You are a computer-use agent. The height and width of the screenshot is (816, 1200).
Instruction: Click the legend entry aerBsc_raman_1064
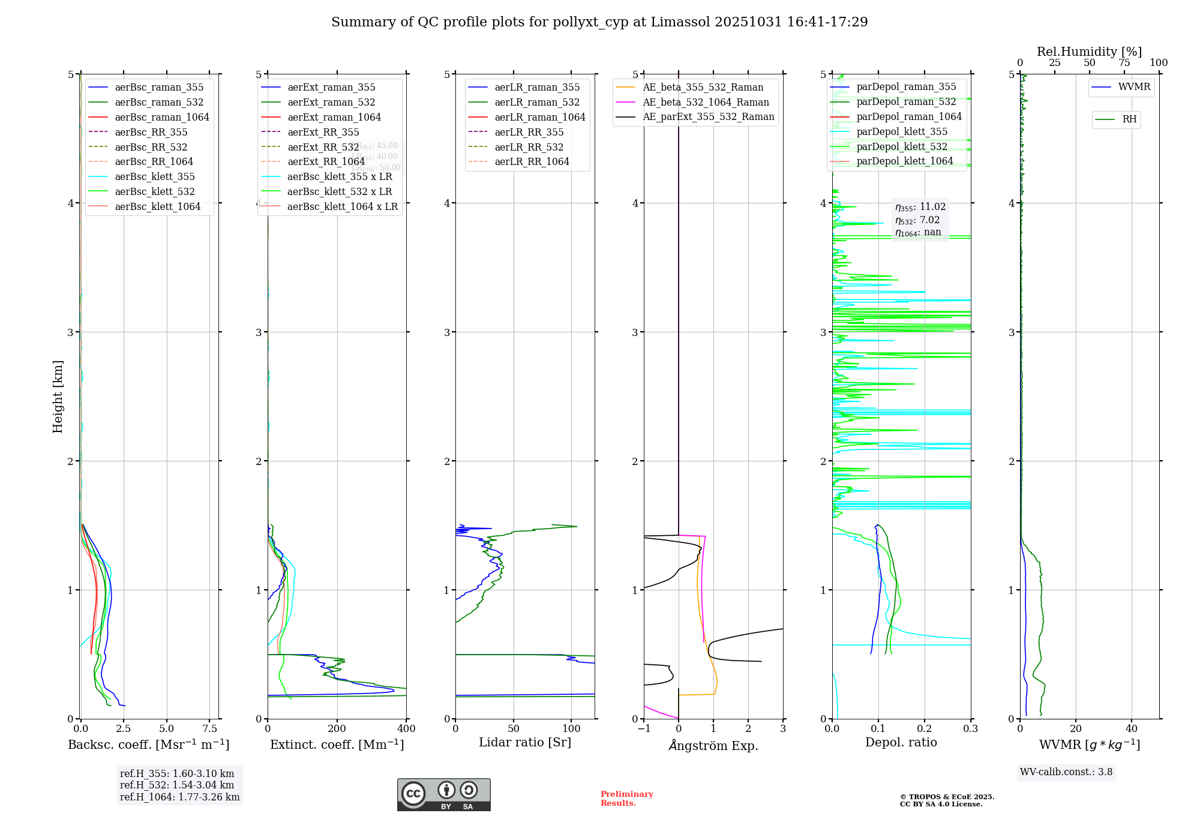[162, 117]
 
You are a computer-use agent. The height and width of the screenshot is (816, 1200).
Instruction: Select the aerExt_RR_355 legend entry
[323, 132]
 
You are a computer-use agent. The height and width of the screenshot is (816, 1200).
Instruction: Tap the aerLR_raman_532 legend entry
[537, 102]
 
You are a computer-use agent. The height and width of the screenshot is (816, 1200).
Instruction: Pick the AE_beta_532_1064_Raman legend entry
[706, 102]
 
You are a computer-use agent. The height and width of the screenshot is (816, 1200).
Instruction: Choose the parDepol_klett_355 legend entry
[902, 131]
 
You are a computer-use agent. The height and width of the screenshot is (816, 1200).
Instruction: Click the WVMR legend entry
[1134, 87]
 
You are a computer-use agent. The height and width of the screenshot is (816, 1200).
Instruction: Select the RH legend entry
[1129, 119]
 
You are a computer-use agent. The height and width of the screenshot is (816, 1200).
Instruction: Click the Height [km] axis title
[58, 397]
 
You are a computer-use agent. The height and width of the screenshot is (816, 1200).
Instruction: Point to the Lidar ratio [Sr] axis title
[525, 742]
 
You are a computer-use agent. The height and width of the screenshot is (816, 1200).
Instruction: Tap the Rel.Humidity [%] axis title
[1089, 52]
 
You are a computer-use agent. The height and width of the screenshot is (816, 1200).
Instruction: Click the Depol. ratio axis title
[901, 742]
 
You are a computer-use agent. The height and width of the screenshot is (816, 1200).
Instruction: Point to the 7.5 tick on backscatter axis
[210, 728]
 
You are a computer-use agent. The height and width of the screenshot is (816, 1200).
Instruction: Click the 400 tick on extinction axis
[406, 728]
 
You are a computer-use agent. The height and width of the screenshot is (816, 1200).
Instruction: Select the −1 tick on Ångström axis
[644, 728]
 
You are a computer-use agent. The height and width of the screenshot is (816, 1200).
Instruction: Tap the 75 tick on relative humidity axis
[1124, 63]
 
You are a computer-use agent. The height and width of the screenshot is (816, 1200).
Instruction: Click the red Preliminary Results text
[626, 798]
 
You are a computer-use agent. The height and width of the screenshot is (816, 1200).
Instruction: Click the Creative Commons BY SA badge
[443, 795]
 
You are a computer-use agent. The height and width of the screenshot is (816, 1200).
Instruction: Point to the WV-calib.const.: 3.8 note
[1066, 772]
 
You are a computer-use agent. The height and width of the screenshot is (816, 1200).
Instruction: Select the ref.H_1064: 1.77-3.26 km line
[179, 797]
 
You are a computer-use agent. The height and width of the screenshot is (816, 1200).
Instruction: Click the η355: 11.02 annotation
[920, 207]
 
